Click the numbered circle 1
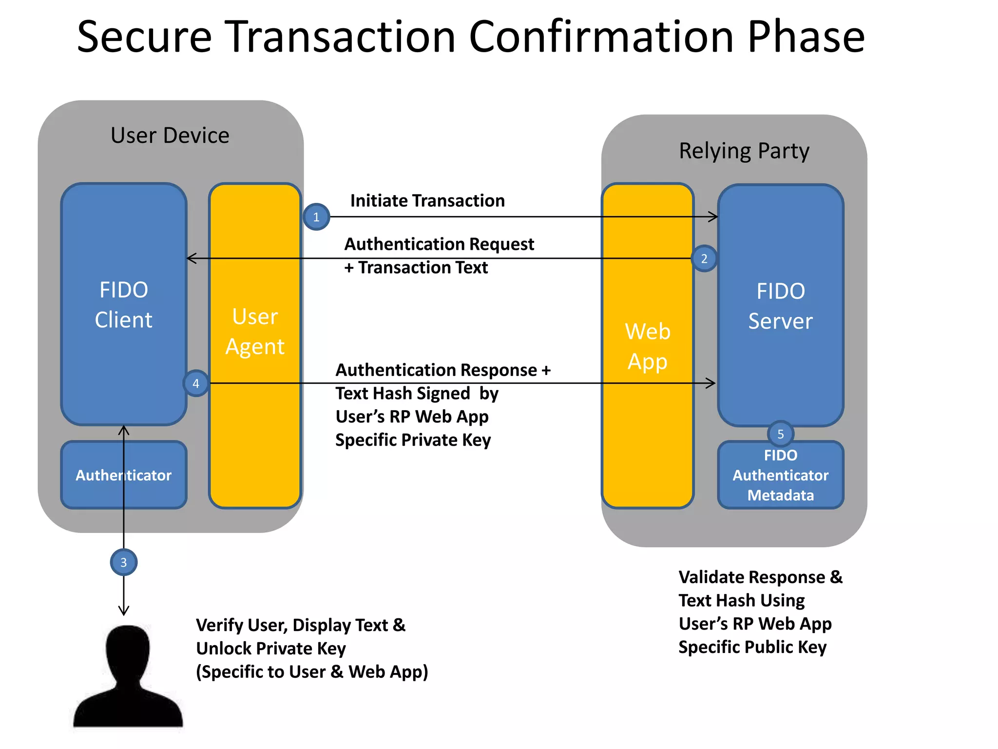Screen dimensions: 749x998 pos(316,217)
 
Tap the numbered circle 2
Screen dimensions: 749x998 pos(704,258)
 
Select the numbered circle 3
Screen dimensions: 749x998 pos(124,562)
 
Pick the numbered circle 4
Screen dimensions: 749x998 pos(196,383)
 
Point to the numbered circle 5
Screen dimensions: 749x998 pos(780,434)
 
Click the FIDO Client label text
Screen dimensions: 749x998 pos(124,305)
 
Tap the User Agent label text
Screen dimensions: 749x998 pos(255,332)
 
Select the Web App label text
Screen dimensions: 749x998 pos(648,346)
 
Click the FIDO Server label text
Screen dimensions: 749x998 pos(780,306)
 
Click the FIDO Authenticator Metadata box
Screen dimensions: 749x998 pos(780,475)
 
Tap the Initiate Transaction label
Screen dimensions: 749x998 pos(427,200)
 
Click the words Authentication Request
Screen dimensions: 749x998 pos(439,244)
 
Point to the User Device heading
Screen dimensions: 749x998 pos(170,135)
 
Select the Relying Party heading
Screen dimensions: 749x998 pos(744,151)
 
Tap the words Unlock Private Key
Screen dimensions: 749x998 pos(271,649)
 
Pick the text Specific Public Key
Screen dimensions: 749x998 pos(752,647)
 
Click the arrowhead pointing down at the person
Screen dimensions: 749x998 pos(124,611)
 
